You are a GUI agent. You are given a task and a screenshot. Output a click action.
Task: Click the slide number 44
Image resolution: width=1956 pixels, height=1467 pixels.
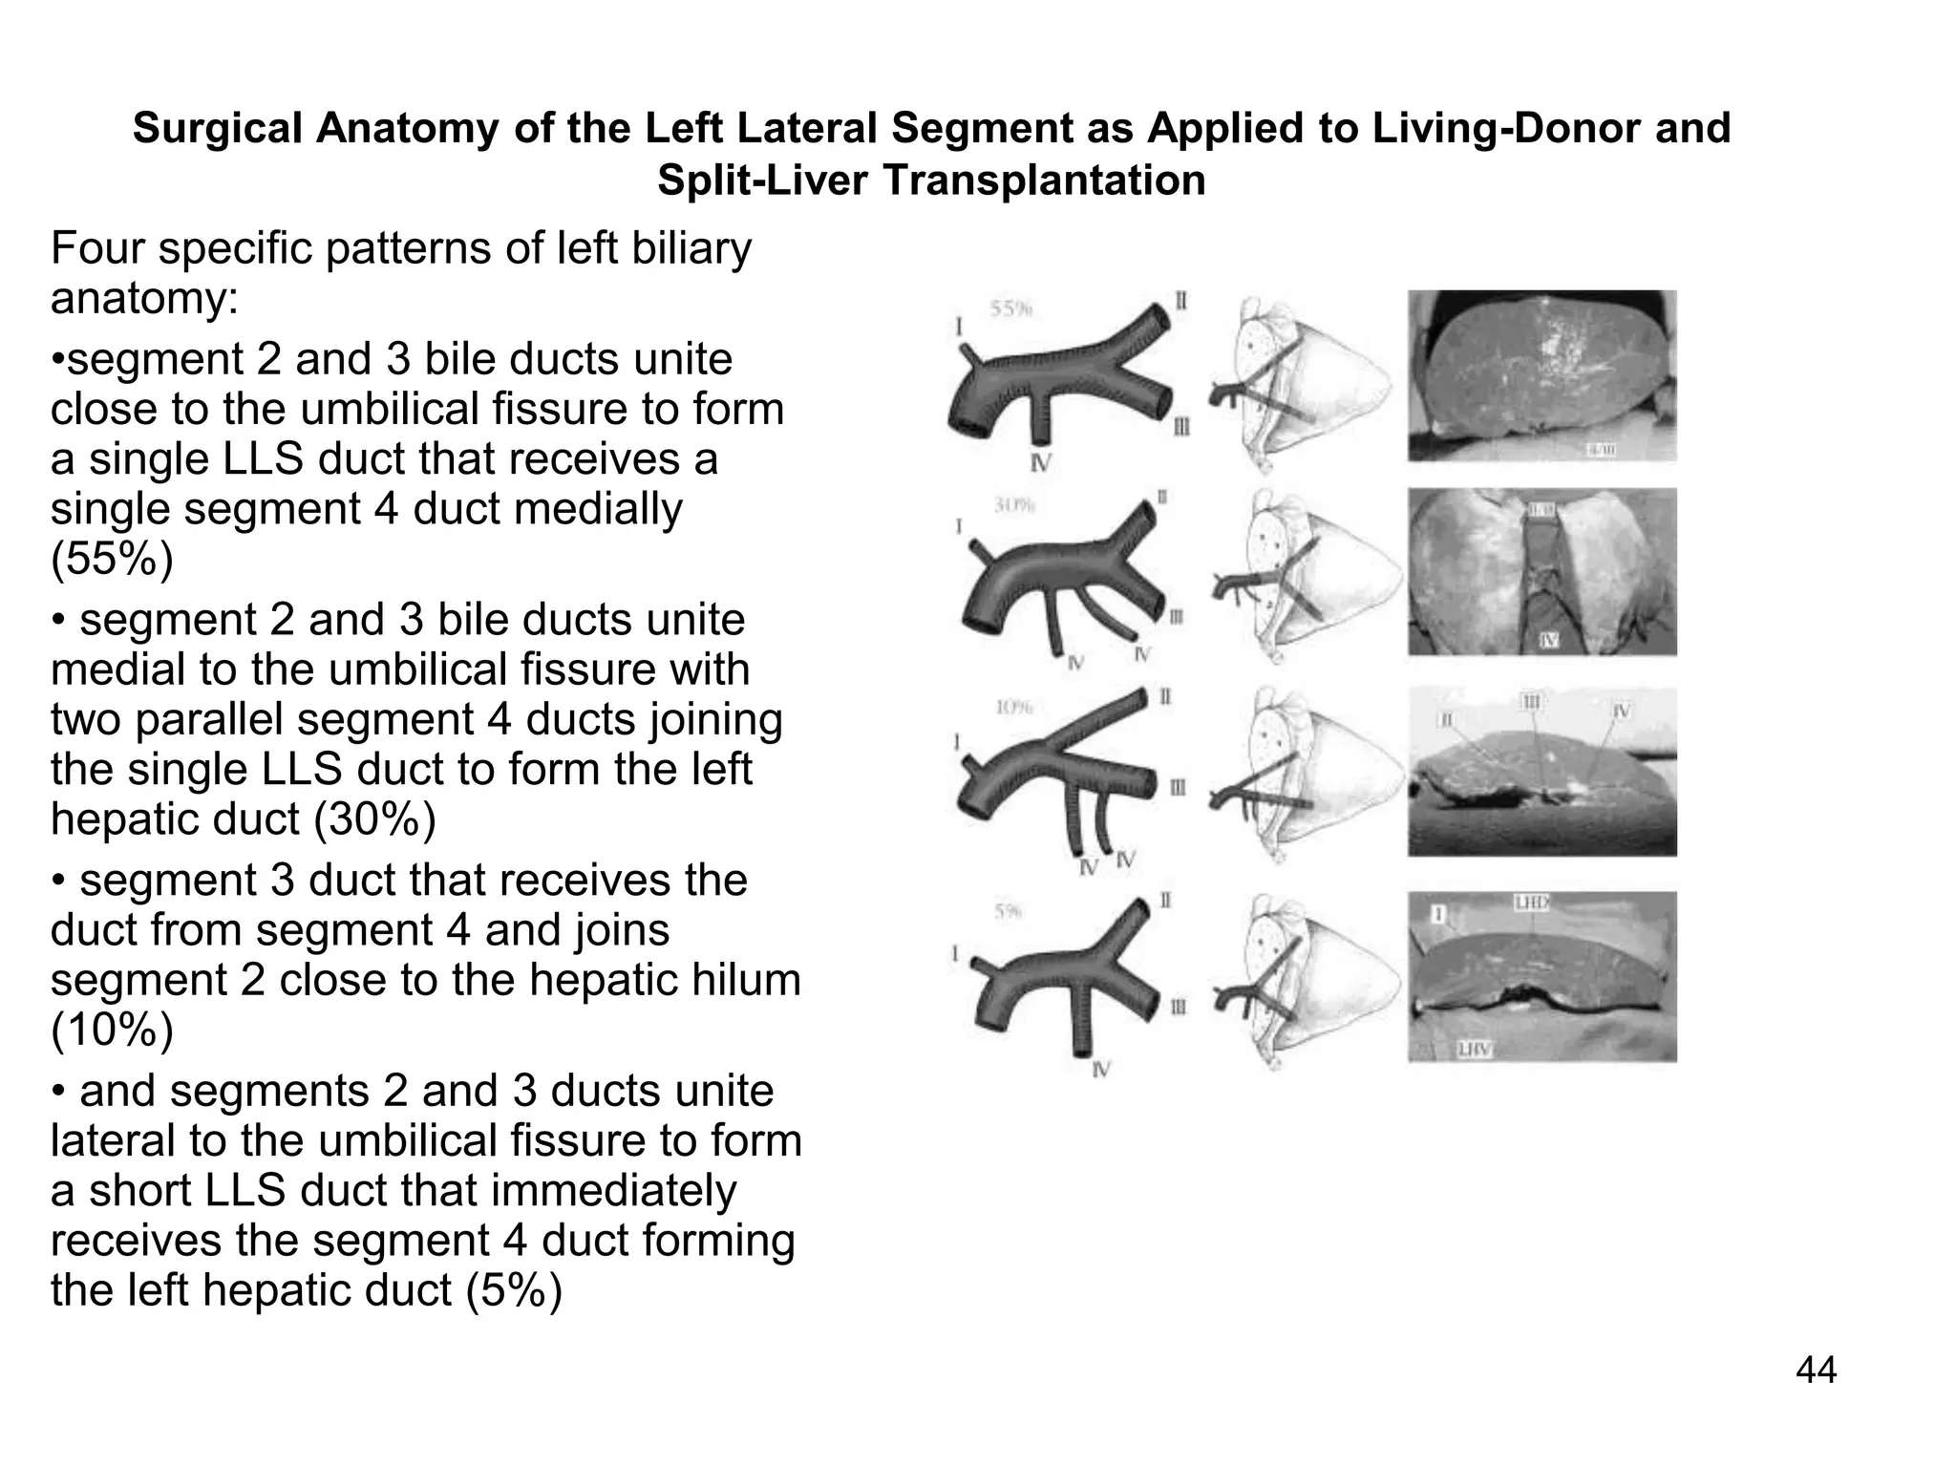[1816, 1371]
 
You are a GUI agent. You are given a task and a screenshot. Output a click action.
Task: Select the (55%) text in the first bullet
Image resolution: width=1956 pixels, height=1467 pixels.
[112, 559]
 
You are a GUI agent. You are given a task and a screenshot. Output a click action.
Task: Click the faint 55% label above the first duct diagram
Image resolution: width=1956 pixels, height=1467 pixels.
[1010, 308]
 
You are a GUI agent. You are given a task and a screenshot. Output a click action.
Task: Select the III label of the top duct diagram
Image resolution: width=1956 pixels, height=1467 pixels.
[1181, 427]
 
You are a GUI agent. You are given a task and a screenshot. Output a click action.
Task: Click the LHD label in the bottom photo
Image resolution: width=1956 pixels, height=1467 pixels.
[1530, 902]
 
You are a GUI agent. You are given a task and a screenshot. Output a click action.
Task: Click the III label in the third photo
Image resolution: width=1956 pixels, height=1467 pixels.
[1531, 703]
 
